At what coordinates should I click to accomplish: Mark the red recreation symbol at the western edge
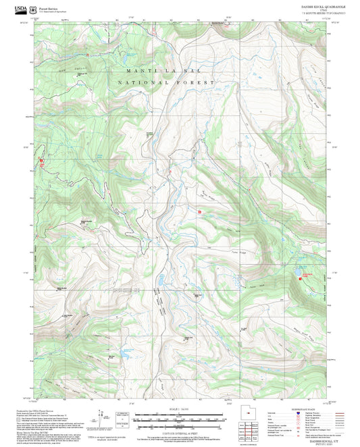(x=41, y=160)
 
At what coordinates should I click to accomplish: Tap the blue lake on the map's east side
(x=297, y=273)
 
